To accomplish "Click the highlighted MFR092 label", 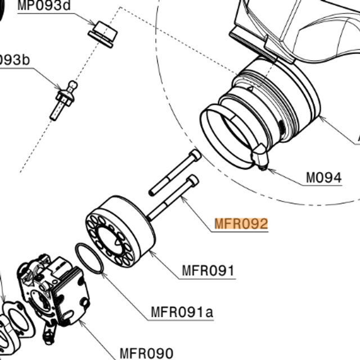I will [241, 224].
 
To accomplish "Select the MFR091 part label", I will [208, 271].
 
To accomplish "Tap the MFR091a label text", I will [182, 311].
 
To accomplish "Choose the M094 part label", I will [323, 178].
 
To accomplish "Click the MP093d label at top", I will [45, 7].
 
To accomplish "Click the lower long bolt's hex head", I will [192, 181].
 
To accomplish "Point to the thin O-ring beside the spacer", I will [89, 258].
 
